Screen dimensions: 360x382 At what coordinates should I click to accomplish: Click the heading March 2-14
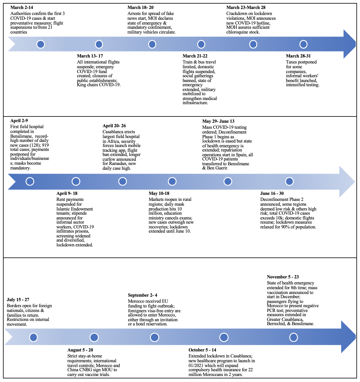tap(22, 7)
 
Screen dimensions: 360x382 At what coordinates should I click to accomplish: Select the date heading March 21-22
tap(195, 56)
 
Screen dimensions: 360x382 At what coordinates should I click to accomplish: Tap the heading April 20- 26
tap(114, 126)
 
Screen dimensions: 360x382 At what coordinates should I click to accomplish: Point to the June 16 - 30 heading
tap(272, 193)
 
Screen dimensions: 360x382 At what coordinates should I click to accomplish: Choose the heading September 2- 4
tap(142, 295)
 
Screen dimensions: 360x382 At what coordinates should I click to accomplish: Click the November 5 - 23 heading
tap(283, 277)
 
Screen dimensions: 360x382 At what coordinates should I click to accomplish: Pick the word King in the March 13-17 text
tap(81, 85)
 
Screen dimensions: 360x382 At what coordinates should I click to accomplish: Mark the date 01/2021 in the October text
tap(195, 366)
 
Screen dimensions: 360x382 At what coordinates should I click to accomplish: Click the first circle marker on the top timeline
tap(41, 44)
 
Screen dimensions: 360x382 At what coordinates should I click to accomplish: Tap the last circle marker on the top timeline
tap(303, 44)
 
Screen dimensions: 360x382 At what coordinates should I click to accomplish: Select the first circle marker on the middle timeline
tap(30, 181)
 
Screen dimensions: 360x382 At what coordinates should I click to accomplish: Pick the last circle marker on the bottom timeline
tap(294, 337)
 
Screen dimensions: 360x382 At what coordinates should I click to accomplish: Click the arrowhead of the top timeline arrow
tap(349, 44)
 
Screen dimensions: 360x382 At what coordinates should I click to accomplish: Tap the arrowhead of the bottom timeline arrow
tap(348, 337)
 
